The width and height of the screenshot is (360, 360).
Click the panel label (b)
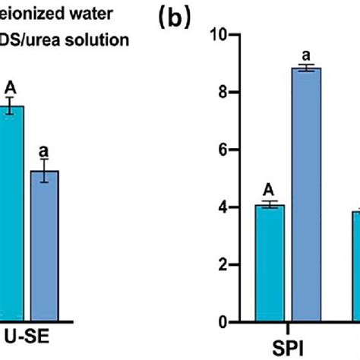(178, 17)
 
